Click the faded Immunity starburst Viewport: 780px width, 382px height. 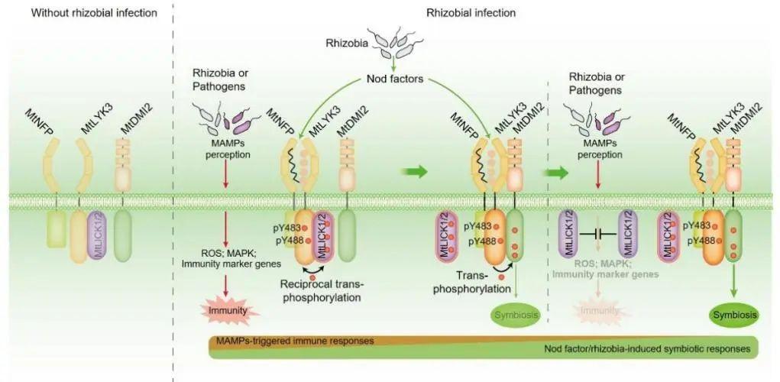point(597,312)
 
